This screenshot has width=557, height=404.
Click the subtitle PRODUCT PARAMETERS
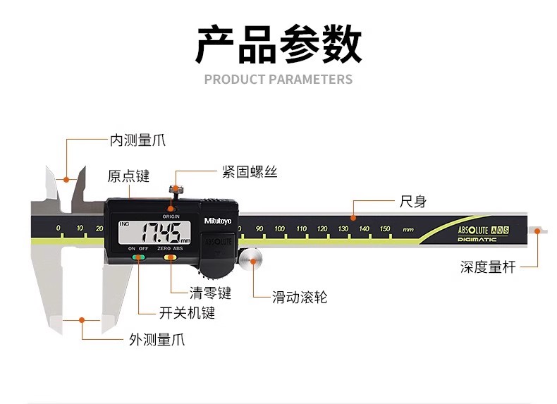[278, 79]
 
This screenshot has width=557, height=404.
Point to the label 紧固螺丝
[249, 172]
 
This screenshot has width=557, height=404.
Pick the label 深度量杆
[488, 267]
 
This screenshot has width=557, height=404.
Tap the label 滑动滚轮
[300, 297]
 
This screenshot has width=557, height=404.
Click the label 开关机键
[187, 312]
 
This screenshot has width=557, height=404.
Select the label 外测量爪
[157, 339]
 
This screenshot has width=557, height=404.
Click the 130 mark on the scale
[343, 228]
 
